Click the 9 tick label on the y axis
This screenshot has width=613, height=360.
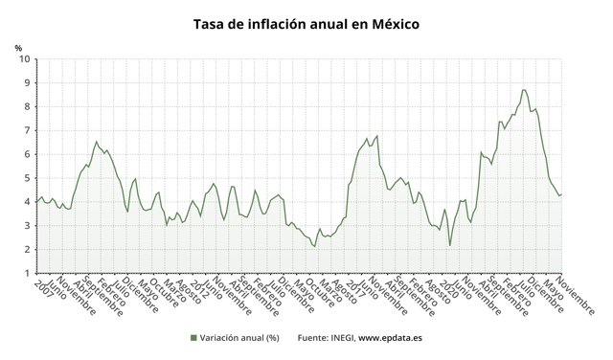tap(25, 83)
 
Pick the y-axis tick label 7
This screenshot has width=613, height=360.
tap(25, 130)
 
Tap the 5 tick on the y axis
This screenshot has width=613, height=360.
tap(25, 178)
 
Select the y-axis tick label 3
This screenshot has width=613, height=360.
tap(25, 226)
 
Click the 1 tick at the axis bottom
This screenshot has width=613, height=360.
tap(25, 274)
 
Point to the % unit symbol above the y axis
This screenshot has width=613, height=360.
tap(18, 46)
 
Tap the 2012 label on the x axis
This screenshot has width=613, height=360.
tap(198, 288)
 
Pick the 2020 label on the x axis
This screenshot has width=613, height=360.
tap(445, 288)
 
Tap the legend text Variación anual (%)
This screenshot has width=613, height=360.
tap(238, 338)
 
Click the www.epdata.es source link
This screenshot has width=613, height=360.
tap(396, 338)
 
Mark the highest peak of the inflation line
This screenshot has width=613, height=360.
tap(523, 90)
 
